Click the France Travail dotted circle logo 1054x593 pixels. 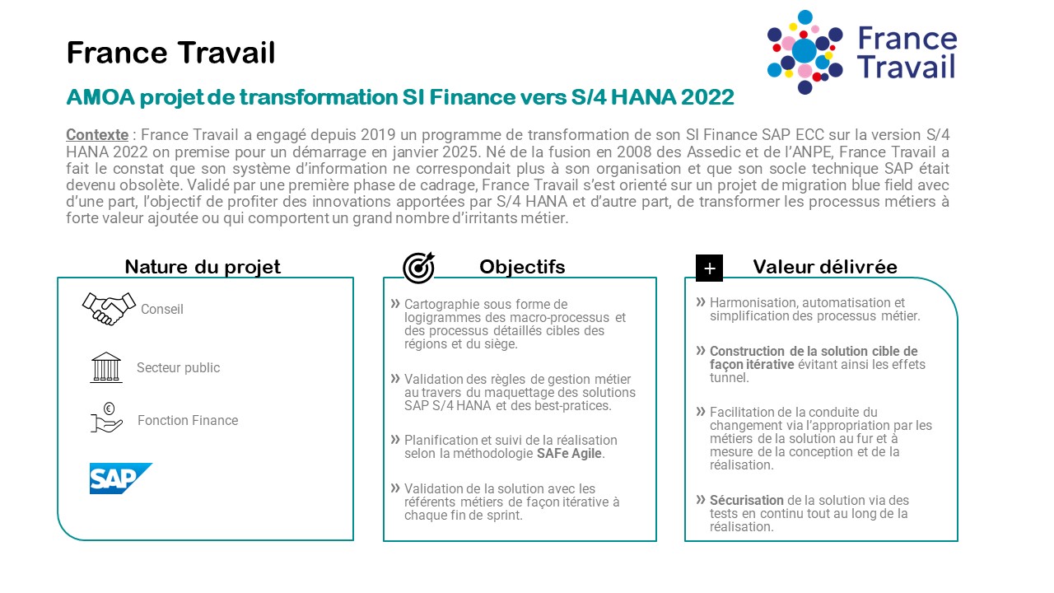coord(804,52)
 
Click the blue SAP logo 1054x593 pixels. coord(121,479)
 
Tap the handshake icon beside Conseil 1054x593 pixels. coord(110,309)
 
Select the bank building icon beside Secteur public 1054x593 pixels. coord(106,367)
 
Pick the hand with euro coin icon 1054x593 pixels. coord(107,418)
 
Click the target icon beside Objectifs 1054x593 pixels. coord(419,268)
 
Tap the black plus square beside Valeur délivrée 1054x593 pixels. coord(709,268)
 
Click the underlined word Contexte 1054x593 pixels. coord(97,135)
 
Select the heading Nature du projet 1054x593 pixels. coord(203,267)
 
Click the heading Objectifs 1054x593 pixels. coord(522,267)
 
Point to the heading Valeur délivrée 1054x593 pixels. coord(825,267)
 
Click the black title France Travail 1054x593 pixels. coord(170,52)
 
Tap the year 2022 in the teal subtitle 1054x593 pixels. coord(707,97)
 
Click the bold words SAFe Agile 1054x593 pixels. coord(569,453)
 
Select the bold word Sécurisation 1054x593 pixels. coord(746,500)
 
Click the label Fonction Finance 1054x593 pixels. coord(188,420)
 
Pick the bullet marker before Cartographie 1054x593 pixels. coord(395,304)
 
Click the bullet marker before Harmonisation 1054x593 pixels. coord(701,301)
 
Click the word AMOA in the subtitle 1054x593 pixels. coord(100,97)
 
